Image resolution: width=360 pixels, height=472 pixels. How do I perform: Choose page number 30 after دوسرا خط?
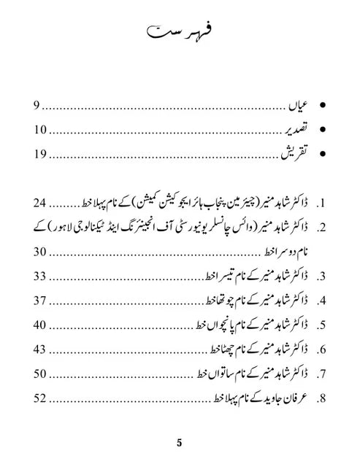click(x=40, y=252)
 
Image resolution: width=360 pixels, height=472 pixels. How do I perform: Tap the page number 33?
click(x=40, y=276)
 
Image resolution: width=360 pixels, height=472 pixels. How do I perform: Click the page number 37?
click(x=40, y=301)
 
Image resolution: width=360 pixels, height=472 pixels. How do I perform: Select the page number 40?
click(x=40, y=325)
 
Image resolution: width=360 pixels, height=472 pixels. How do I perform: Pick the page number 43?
click(x=40, y=349)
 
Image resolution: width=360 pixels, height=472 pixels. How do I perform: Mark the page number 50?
click(x=40, y=374)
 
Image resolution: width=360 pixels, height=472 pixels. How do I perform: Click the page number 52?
click(x=40, y=398)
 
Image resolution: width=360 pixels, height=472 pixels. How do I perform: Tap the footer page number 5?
click(x=180, y=443)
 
